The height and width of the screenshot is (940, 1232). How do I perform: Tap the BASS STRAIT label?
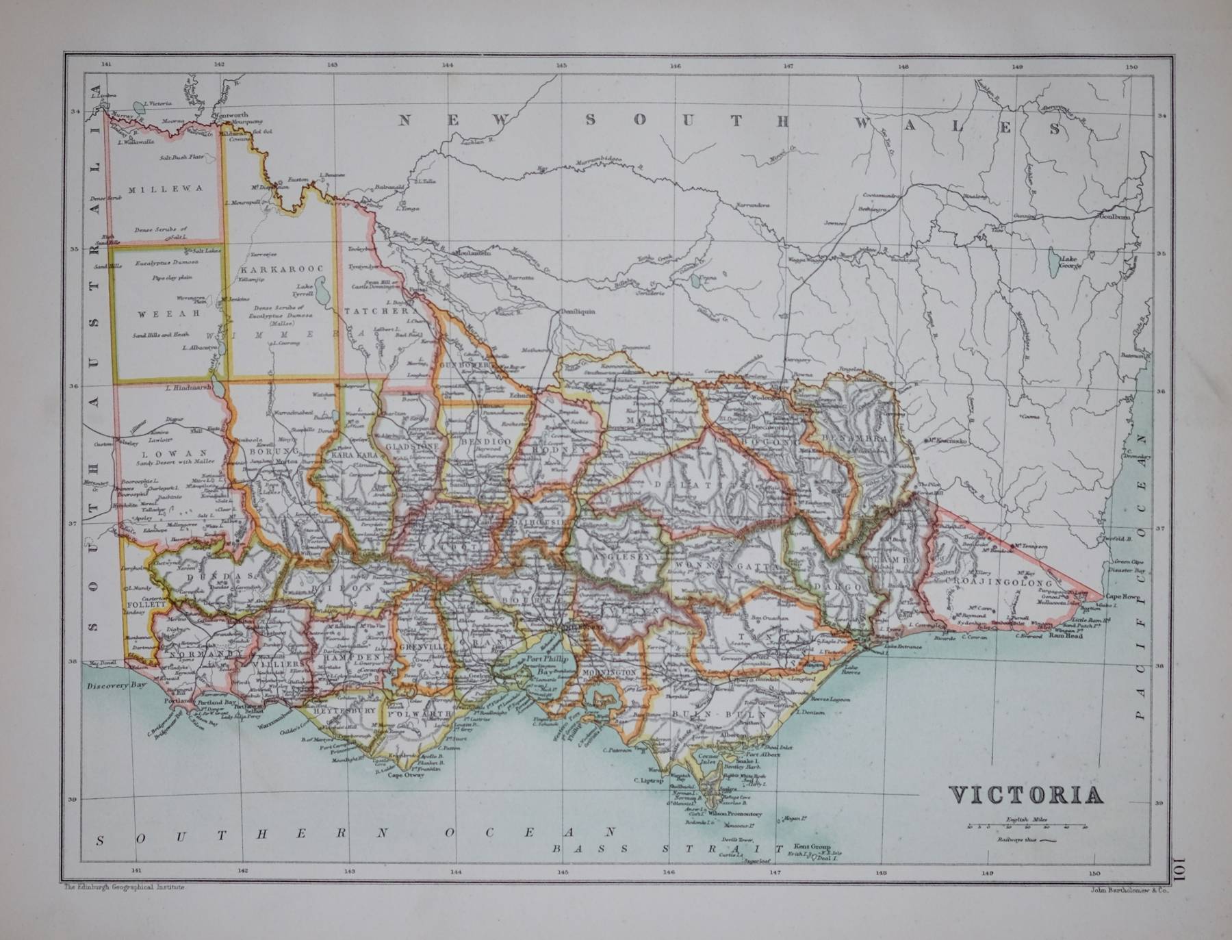[x=667, y=849]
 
